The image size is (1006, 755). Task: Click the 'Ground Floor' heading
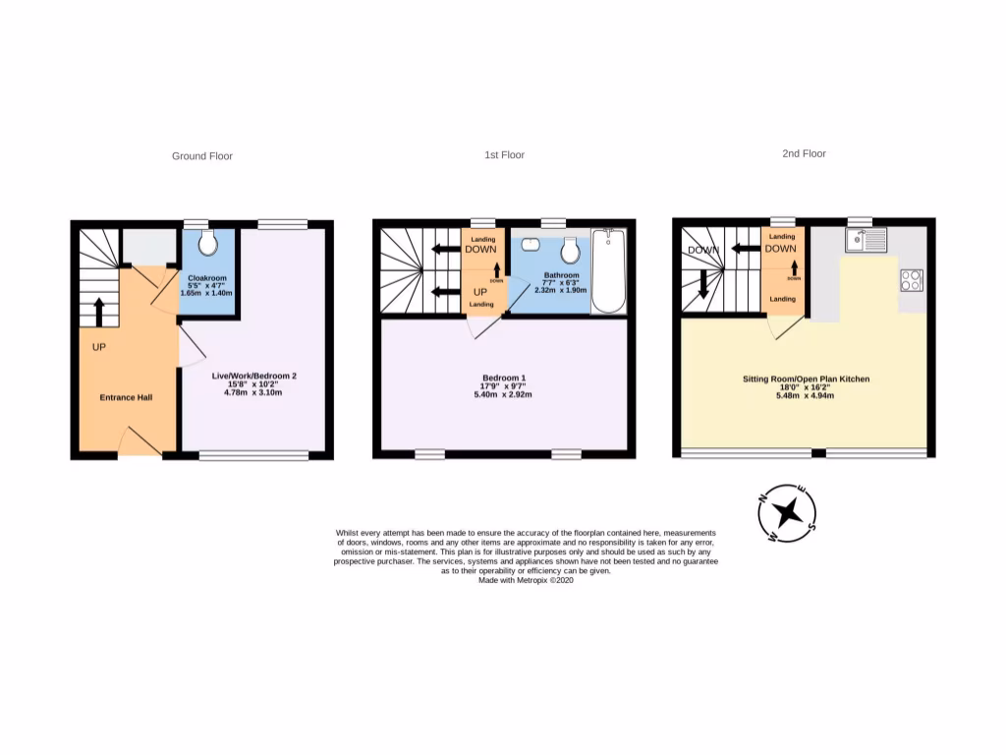tap(202, 155)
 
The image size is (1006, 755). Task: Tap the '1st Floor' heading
tap(505, 154)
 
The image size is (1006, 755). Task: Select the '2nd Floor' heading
tap(805, 153)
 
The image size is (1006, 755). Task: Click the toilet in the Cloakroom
tap(207, 243)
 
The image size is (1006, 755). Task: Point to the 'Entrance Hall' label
tap(126, 397)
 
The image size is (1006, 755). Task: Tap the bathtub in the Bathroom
tap(609, 271)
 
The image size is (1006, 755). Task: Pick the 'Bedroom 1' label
tap(504, 378)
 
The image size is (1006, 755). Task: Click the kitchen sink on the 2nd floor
tap(865, 239)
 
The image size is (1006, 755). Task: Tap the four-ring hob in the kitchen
tap(911, 280)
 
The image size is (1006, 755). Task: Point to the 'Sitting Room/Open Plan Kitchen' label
tap(806, 378)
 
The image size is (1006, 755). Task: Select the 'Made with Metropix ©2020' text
tap(525, 580)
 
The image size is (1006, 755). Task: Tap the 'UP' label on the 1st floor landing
tap(481, 292)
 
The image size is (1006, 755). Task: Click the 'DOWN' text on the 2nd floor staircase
tap(702, 250)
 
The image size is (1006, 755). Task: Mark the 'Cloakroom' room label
tap(207, 277)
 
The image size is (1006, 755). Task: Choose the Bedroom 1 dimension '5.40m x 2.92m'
tap(504, 395)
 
